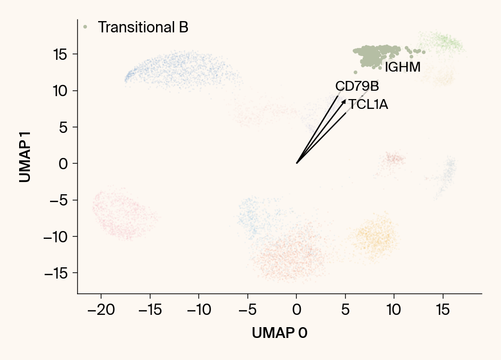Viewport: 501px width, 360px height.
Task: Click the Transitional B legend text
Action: pos(143,27)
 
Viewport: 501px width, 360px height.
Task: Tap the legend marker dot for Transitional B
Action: pos(85,27)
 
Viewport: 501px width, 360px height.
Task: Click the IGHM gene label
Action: pos(402,68)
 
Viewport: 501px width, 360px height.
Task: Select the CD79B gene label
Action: pos(357,86)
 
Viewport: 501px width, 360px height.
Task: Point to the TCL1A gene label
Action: pos(368,104)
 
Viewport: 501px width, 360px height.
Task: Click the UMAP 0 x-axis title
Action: pos(279,333)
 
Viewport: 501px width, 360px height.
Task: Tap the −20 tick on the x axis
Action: pos(101,310)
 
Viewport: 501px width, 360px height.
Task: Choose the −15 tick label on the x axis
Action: pos(150,310)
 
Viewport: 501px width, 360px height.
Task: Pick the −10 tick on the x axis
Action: pos(199,310)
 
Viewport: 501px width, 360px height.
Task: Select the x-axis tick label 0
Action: pos(296,310)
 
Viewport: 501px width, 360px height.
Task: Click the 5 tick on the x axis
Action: pos(345,310)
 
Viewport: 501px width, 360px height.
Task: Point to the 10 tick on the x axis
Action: pos(394,310)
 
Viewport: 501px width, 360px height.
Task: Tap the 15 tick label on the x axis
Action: pos(443,310)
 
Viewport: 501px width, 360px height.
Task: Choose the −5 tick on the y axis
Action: pos(58,200)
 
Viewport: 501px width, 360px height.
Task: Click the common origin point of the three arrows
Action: pos(296,163)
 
